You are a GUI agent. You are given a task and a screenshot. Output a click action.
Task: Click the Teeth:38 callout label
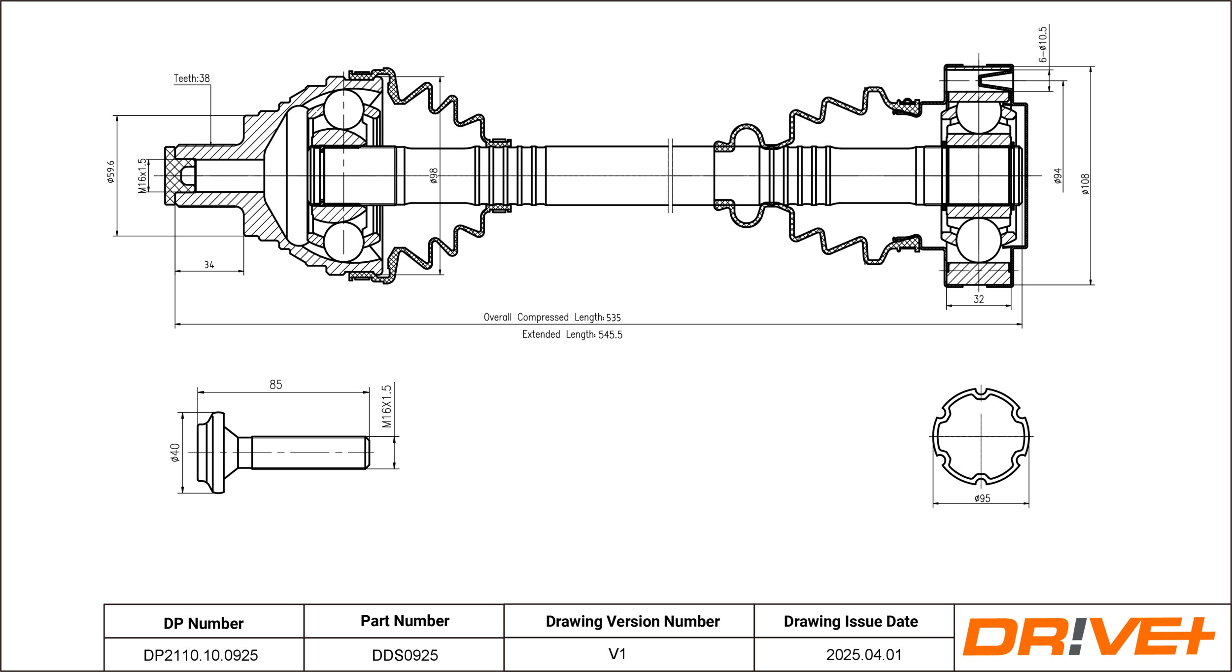pyautogui.click(x=192, y=78)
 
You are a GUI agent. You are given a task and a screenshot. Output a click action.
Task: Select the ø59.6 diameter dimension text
pyautogui.click(x=111, y=172)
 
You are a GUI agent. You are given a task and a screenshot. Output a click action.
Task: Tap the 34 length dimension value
pyautogui.click(x=209, y=265)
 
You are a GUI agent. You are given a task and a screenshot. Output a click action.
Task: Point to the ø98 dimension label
pyautogui.click(x=434, y=176)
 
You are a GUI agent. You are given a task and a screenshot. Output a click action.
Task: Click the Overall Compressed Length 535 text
pyautogui.click(x=552, y=317)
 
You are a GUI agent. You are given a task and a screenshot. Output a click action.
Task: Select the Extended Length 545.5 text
pyautogui.click(x=572, y=334)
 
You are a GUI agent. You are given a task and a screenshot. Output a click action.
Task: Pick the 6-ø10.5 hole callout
pyautogui.click(x=1042, y=44)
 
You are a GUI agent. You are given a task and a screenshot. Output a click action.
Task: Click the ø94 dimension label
pyautogui.click(x=1058, y=176)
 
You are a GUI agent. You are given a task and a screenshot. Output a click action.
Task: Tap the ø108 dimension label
pyautogui.click(x=1086, y=184)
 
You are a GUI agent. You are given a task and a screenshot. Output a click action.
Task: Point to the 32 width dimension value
pyautogui.click(x=979, y=299)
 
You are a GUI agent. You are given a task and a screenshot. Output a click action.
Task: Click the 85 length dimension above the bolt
pyautogui.click(x=276, y=385)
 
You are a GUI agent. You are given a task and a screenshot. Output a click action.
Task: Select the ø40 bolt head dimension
pyautogui.click(x=175, y=453)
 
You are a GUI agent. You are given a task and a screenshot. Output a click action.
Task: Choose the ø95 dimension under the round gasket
pyautogui.click(x=982, y=498)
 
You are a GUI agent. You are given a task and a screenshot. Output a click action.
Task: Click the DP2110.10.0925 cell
pyautogui.click(x=201, y=655)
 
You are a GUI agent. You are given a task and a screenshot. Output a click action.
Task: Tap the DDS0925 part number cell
pyautogui.click(x=405, y=655)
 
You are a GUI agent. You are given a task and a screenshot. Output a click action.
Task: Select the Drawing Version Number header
pyautogui.click(x=632, y=622)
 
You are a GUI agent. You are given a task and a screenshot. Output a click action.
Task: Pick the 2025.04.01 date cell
pyautogui.click(x=864, y=655)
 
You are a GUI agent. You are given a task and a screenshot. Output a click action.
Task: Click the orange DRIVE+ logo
pyautogui.click(x=1088, y=637)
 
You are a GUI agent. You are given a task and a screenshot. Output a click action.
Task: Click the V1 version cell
pyautogui.click(x=617, y=654)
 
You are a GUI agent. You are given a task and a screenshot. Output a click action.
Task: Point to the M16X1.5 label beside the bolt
pyautogui.click(x=386, y=406)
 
